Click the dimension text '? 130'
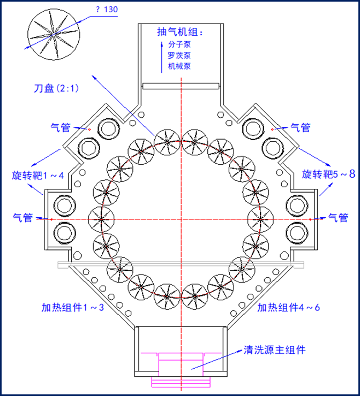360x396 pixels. [x=107, y=9]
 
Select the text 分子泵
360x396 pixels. [x=179, y=44]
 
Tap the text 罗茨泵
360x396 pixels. [x=179, y=55]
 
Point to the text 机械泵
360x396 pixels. [x=179, y=66]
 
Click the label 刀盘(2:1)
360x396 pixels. [x=56, y=88]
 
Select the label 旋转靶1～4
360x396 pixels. [x=38, y=176]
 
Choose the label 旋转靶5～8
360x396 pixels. [x=328, y=174]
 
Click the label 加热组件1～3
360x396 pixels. [x=72, y=307]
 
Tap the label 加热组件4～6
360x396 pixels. [x=288, y=307]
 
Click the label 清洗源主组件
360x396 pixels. [x=274, y=350]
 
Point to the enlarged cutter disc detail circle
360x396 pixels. [x=54, y=34]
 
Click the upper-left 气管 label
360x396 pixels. [x=61, y=127]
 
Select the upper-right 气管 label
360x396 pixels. [x=301, y=127]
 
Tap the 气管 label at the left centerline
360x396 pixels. [x=22, y=218]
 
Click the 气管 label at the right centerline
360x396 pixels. [x=338, y=218]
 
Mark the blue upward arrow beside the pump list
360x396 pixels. [x=162, y=57]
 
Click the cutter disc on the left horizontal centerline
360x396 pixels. [x=101, y=219]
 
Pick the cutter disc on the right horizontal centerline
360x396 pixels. [x=261, y=219]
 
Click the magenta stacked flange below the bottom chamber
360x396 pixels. [x=181, y=382]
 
